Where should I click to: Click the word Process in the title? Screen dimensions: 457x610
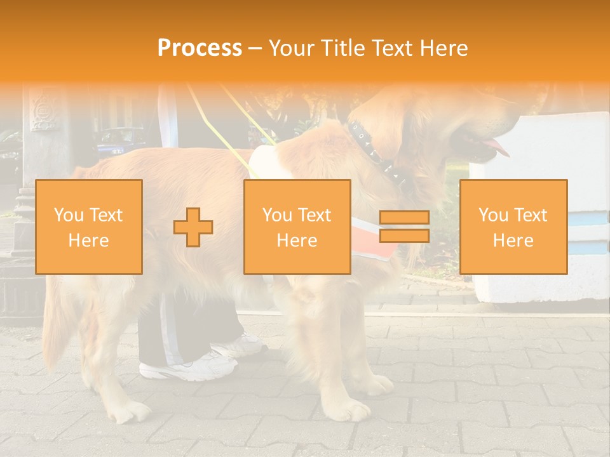pyautogui.click(x=200, y=48)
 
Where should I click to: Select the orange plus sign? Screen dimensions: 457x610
pyautogui.click(x=193, y=227)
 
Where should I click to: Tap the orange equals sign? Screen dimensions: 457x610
pyautogui.click(x=404, y=227)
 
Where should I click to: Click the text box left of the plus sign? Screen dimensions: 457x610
pyautogui.click(x=89, y=227)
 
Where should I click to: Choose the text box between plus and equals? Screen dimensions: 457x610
pyautogui.click(x=297, y=227)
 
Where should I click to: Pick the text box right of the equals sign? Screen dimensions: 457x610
pyautogui.click(x=513, y=227)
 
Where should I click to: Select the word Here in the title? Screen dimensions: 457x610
pyautogui.click(x=443, y=48)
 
